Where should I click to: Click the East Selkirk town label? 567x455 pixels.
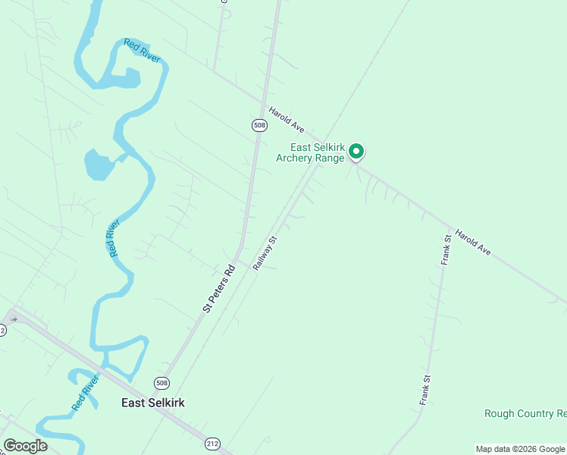[x=153, y=403]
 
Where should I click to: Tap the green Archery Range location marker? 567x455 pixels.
[x=356, y=152]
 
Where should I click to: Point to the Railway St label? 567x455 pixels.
[x=266, y=253]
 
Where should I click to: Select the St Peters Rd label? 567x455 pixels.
[x=220, y=288]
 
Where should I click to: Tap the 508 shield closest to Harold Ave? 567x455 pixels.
[x=260, y=124]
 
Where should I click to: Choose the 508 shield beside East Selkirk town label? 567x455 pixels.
[x=161, y=383]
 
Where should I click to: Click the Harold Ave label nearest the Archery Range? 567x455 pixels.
[x=287, y=119]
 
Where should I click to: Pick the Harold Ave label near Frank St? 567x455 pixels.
[x=474, y=243]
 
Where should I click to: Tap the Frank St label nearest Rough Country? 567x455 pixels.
[x=426, y=388]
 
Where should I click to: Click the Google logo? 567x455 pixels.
[x=25, y=446]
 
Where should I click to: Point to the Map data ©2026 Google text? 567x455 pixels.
[x=521, y=449]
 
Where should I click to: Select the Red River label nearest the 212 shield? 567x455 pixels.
[x=86, y=393]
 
